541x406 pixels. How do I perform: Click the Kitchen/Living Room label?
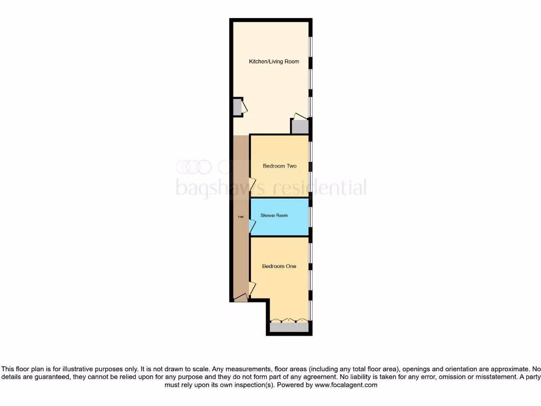pos(274,62)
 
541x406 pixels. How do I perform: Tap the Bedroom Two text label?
pos(279,166)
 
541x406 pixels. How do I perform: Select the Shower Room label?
pos(274,216)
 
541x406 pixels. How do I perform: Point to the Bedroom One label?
pos(279,266)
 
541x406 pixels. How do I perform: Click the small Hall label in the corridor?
pos(240,217)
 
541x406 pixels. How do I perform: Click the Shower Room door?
pos(253,226)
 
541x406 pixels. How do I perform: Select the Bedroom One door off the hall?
pos(253,289)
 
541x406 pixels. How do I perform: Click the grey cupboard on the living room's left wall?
pos(237,107)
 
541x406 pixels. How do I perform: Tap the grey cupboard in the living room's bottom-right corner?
pos(300,127)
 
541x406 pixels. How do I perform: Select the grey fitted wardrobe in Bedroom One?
pos(289,328)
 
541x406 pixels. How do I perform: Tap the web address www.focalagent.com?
pos(346,385)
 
